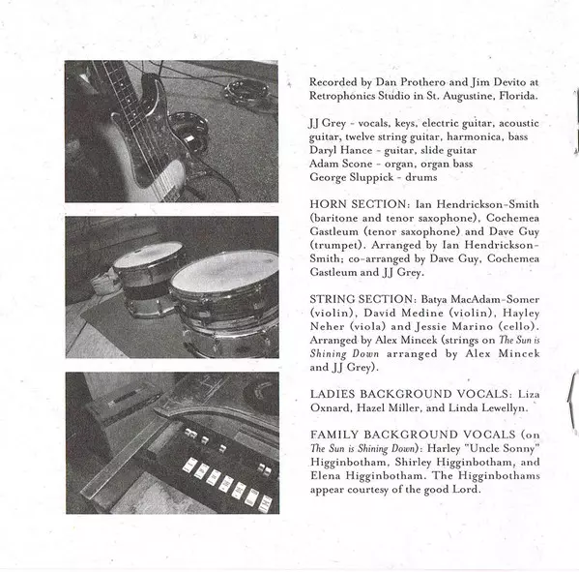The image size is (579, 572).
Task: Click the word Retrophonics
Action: pos(339,96)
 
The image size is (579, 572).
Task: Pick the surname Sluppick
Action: pos(371,177)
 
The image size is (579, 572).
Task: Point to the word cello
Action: pos(517,326)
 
